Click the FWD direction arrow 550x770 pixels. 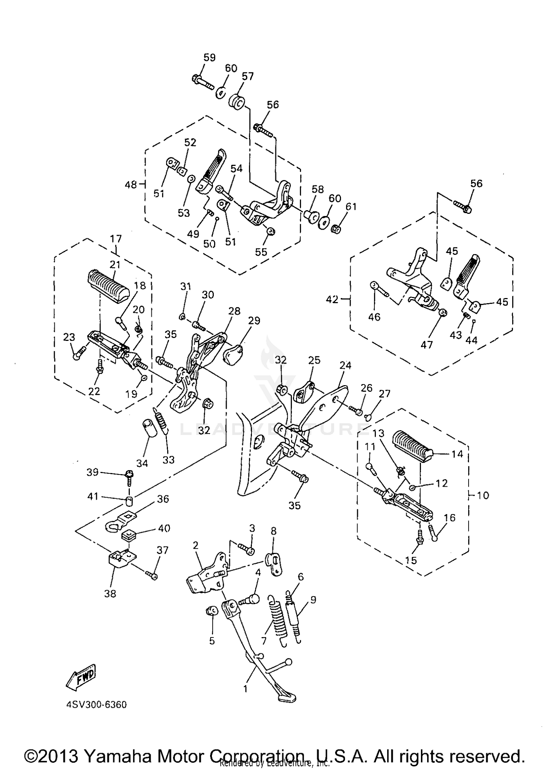(x=80, y=678)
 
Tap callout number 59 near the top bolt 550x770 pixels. (x=209, y=57)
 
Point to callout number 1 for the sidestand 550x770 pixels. (x=245, y=689)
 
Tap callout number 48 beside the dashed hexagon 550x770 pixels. (x=131, y=185)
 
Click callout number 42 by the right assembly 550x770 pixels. (x=332, y=299)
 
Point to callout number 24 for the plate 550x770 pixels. (x=345, y=365)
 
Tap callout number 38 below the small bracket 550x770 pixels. (x=110, y=594)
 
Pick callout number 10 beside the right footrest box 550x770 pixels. (x=483, y=495)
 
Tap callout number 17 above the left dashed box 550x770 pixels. (x=116, y=239)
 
